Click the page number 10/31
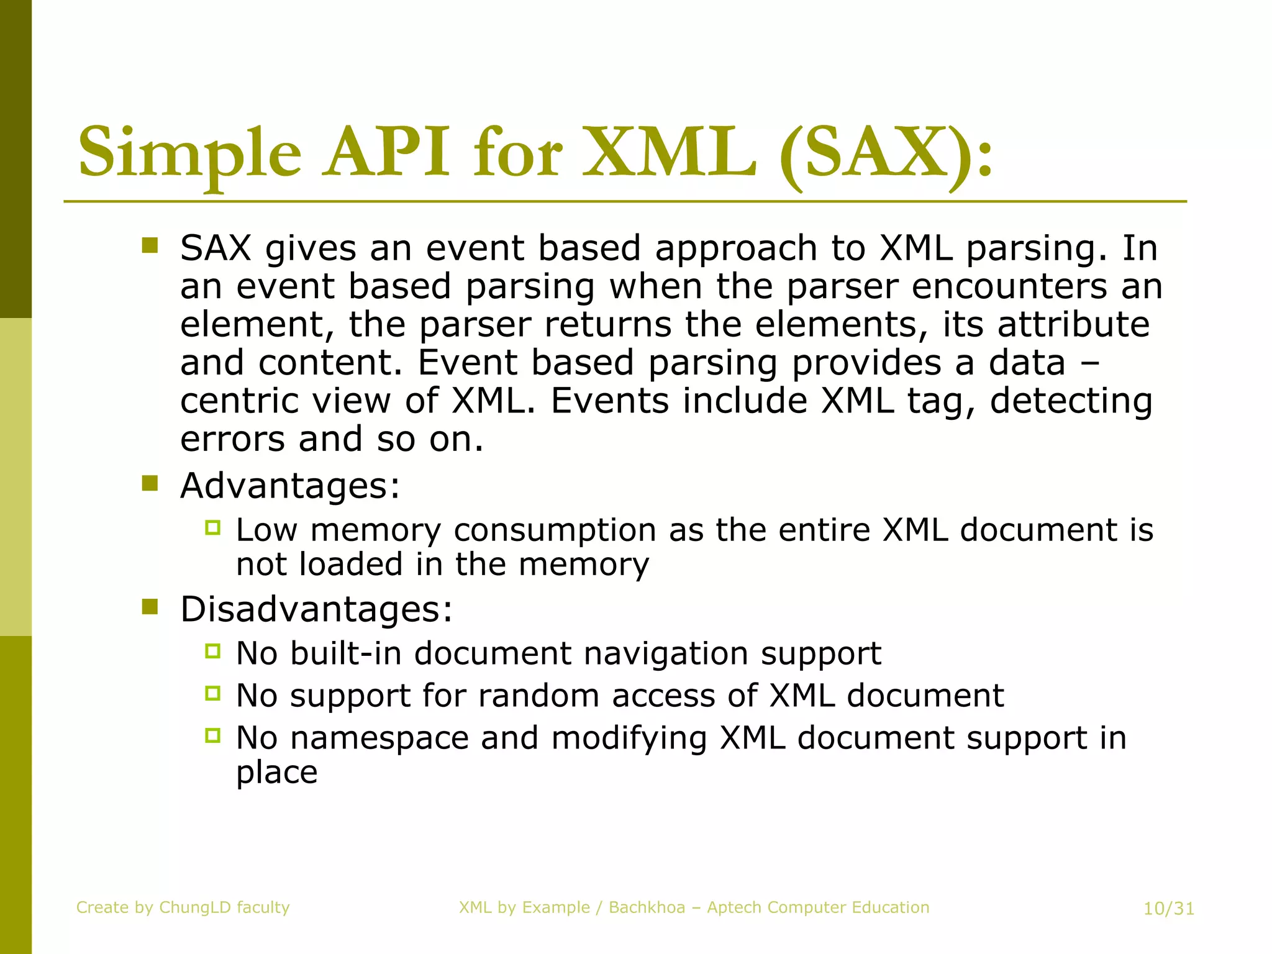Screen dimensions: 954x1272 coord(1169,909)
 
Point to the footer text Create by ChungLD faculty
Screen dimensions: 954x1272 coord(183,907)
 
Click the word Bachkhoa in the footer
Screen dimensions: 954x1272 coord(647,907)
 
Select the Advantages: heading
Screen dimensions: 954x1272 coord(290,485)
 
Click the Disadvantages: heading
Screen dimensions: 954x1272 coord(316,609)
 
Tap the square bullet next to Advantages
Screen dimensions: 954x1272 coord(150,483)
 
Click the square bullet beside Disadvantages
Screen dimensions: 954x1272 coord(150,606)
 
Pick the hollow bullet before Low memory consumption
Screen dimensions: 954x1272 coord(212,528)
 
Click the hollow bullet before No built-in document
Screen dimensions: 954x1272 coord(212,651)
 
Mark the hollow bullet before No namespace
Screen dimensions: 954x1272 coord(212,735)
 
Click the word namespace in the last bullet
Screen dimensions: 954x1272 coord(379,738)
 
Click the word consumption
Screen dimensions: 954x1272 coord(555,531)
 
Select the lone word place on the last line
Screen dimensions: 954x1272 coord(276,773)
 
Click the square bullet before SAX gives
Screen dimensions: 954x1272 coord(150,245)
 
